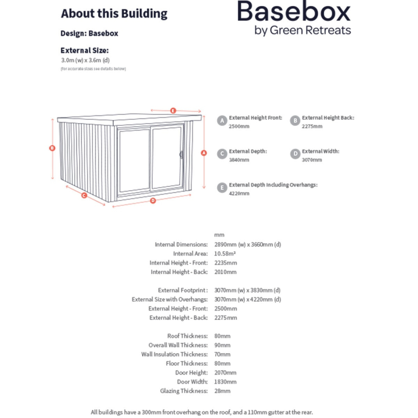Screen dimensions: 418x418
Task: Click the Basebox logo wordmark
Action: tap(294, 12)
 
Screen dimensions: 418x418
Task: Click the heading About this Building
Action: tap(114, 13)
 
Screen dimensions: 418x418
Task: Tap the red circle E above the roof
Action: tap(173, 111)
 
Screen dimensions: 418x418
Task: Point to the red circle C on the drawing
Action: tap(84, 195)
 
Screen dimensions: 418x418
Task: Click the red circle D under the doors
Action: tap(153, 201)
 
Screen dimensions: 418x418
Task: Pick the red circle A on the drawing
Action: tap(204, 153)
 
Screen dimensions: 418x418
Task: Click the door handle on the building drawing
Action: tap(181, 154)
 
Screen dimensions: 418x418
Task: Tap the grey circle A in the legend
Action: tap(222, 120)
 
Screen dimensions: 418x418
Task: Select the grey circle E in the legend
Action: tap(222, 187)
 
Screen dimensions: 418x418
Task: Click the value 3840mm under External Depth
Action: tap(239, 160)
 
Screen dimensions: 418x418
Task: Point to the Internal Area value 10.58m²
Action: tap(225, 254)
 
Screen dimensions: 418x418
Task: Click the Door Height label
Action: tap(191, 372)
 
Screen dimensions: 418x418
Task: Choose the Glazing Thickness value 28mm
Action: tap(222, 391)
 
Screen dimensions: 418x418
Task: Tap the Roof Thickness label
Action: tap(187, 336)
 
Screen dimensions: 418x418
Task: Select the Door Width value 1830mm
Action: tap(225, 382)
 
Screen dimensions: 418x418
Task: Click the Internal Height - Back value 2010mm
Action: tap(225, 272)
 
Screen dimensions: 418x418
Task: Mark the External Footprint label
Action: tap(182, 290)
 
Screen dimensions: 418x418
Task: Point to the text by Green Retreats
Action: tap(303, 31)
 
